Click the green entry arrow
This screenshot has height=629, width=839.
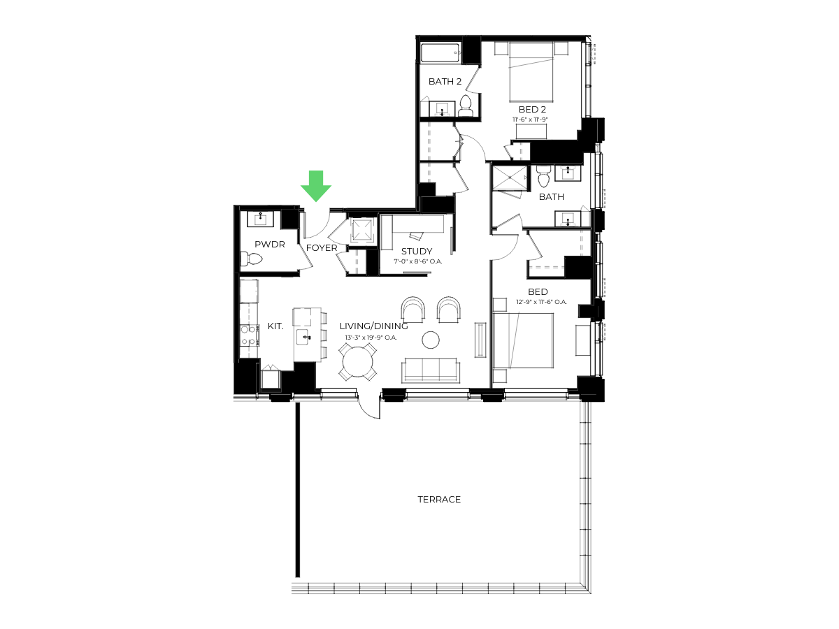pos(316,186)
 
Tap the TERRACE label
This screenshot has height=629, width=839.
pos(439,499)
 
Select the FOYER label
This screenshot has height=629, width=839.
pos(322,248)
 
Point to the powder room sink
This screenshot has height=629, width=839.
pos(261,219)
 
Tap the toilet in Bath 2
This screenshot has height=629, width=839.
pos(466,106)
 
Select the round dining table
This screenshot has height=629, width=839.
pos(357,361)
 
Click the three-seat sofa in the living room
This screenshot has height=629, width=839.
pos(430,370)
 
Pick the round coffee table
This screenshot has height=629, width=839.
pos(431,340)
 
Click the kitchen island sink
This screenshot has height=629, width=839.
pos(305,338)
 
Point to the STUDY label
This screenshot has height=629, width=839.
pos(417,252)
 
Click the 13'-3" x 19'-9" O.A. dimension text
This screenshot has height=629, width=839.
pos(371,338)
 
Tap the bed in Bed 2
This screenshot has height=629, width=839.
pos(531,72)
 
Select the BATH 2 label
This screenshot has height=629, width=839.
pos(445,81)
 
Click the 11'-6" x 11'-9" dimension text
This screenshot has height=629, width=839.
pos(530,119)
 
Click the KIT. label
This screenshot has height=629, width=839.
pos(275,326)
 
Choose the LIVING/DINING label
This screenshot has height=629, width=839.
pos(373,326)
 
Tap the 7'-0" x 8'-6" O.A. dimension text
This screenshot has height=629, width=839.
pos(418,261)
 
